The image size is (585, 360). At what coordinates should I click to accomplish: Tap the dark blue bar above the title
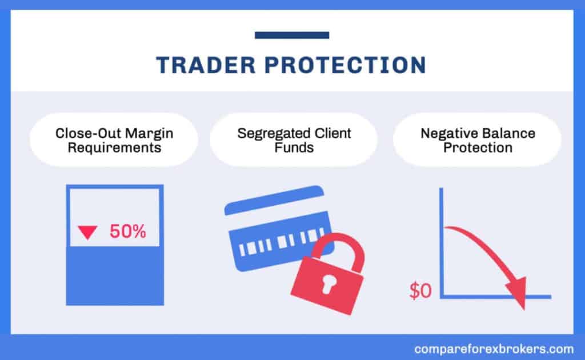pyautogui.click(x=291, y=35)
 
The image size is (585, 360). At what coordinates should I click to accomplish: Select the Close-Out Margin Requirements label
pyautogui.click(x=113, y=140)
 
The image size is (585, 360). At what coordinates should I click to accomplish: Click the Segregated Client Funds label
pyautogui.click(x=294, y=140)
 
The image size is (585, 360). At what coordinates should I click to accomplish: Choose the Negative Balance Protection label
pyautogui.click(x=478, y=140)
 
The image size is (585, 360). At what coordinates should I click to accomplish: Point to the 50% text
pyautogui.click(x=128, y=232)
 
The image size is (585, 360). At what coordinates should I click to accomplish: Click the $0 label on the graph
pyautogui.click(x=421, y=291)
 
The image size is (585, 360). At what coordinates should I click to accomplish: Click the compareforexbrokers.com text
pyautogui.click(x=492, y=348)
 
